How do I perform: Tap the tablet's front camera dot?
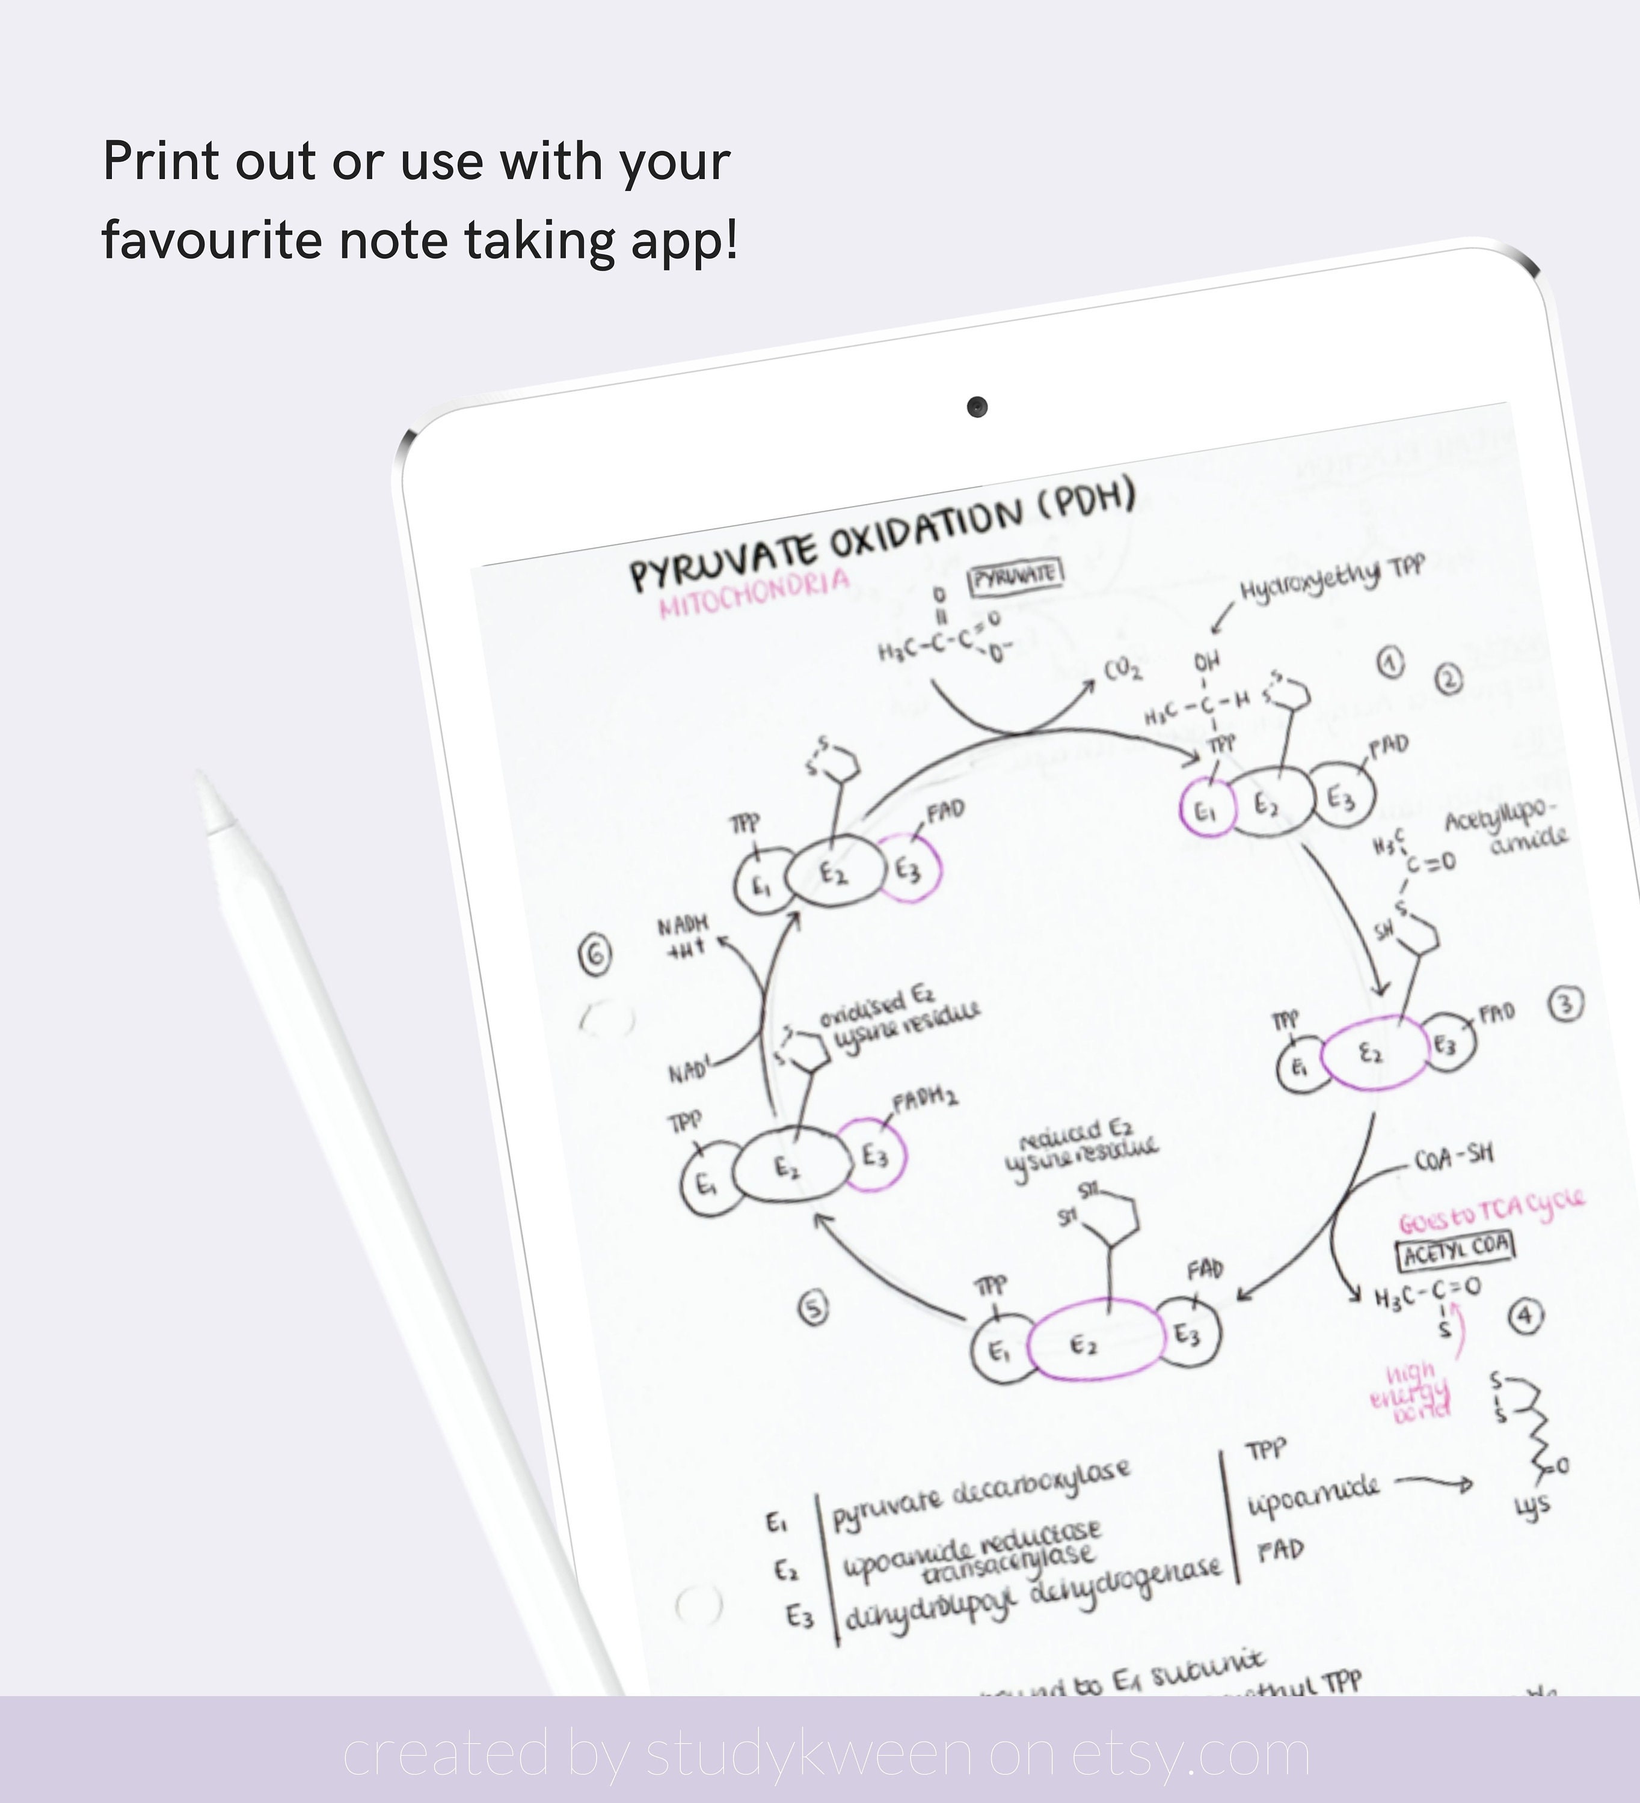(x=977, y=407)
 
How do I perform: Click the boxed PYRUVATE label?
(x=1016, y=576)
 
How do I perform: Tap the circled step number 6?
(x=595, y=953)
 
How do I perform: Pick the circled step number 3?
(x=1565, y=1004)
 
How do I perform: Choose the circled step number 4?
(x=1526, y=1315)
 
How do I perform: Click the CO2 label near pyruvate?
(x=1122, y=669)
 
